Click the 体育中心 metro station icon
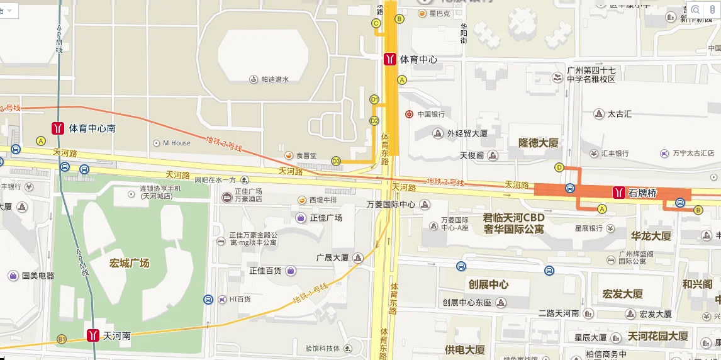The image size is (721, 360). point(390,59)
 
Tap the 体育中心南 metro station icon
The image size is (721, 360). point(58,128)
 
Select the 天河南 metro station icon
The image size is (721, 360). point(93,335)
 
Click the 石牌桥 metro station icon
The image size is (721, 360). point(619,193)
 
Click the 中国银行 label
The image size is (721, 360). point(431,114)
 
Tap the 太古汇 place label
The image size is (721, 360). point(619,114)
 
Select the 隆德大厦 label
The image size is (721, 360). point(538,143)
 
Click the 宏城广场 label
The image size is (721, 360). point(130,262)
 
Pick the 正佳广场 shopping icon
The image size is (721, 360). point(301,218)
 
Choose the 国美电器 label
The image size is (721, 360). point(38,275)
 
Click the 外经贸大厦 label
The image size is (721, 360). point(467,133)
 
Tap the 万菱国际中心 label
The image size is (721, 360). point(391,204)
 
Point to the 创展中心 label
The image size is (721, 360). point(488,284)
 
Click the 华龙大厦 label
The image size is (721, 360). point(651,236)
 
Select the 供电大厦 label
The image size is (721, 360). point(464,349)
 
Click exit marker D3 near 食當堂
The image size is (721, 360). point(336,161)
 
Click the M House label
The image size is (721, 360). point(176,143)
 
